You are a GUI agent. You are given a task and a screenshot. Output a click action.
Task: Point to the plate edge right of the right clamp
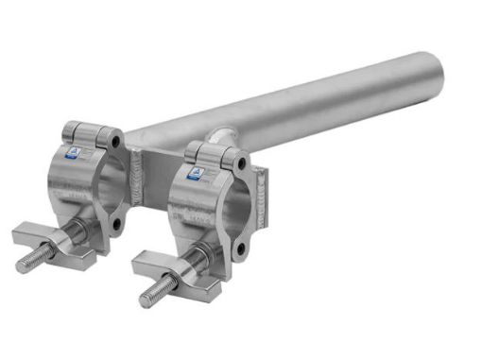[x=266, y=189]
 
